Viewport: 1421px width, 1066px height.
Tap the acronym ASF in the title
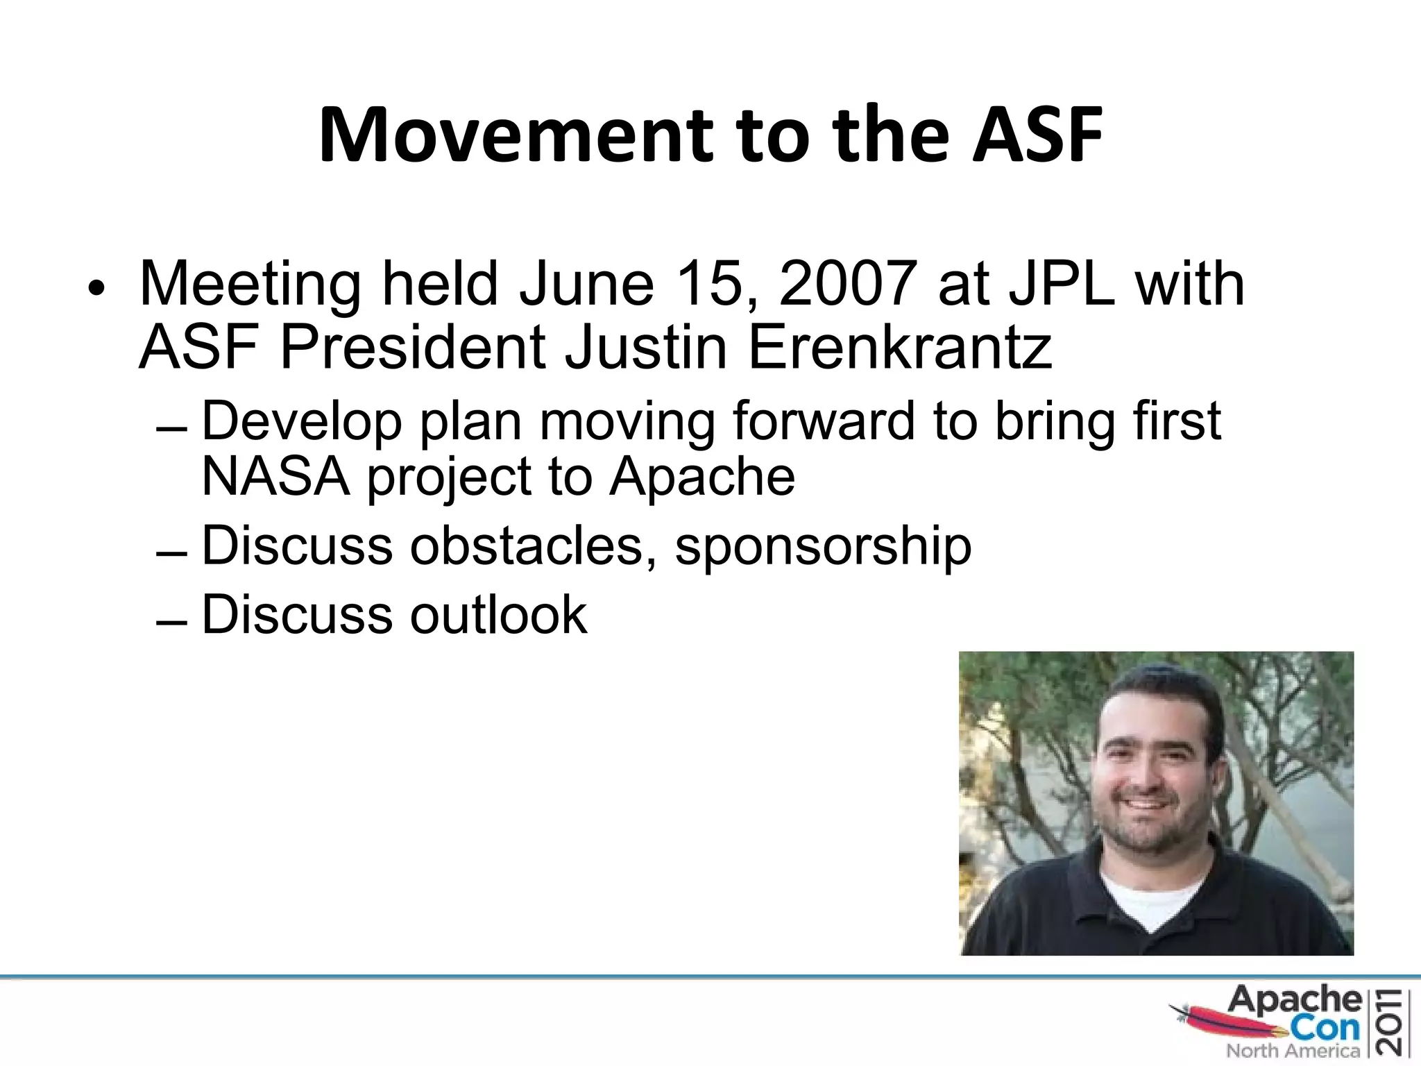[1037, 135]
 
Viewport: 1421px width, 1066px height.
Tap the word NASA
[275, 477]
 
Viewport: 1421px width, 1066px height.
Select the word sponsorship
[823, 547]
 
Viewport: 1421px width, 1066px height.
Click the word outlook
[498, 615]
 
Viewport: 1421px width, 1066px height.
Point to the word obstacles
[527, 545]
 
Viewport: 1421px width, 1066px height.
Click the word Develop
[301, 422]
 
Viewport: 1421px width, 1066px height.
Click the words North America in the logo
[1293, 1051]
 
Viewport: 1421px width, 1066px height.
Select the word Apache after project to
[701, 477]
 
